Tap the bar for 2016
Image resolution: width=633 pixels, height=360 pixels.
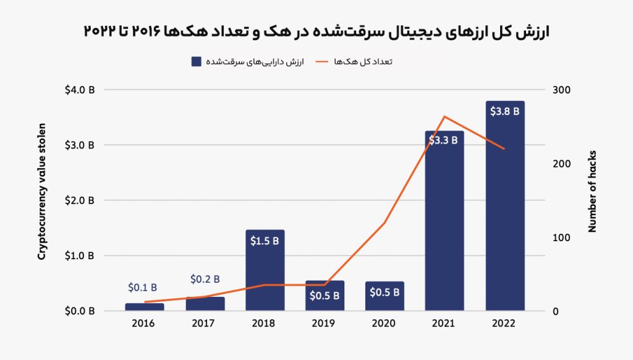tap(145, 307)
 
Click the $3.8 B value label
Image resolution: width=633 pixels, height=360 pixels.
tap(504, 111)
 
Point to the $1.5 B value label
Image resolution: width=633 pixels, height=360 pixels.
tap(265, 241)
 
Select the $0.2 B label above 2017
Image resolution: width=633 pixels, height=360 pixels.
tap(205, 280)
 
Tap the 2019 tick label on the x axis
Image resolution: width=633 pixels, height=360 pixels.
tap(324, 324)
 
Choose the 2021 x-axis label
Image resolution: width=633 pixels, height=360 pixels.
tap(444, 324)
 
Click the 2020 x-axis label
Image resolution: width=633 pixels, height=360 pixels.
tap(384, 324)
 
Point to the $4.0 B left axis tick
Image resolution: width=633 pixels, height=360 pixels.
tap(80, 90)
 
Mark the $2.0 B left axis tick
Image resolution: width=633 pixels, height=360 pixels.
tap(80, 200)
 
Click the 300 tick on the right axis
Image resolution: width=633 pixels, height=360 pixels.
tap(561, 90)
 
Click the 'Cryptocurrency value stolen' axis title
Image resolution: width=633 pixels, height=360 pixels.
tap(41, 191)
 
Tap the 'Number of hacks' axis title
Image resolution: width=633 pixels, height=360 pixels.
tap(592, 191)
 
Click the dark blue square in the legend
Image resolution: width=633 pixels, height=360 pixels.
tap(196, 61)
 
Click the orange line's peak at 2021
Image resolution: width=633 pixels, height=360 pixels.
tap(444, 116)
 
